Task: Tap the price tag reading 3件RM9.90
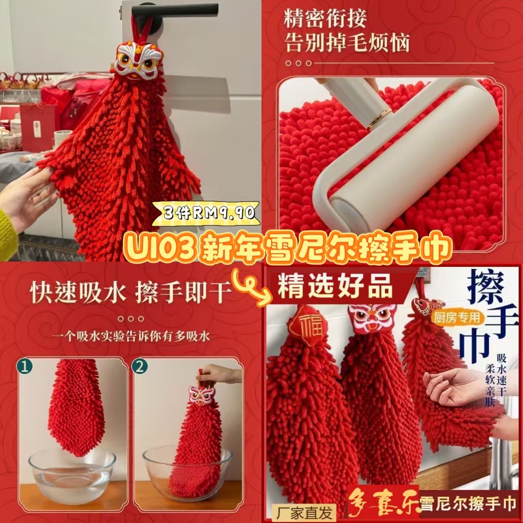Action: click(x=206, y=213)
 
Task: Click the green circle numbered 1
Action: click(x=25, y=367)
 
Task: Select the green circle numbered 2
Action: click(x=140, y=367)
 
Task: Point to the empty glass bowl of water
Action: click(x=72, y=471)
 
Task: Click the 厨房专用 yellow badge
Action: click(x=457, y=318)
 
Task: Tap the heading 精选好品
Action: click(x=336, y=286)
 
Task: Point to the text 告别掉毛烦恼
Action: click(x=347, y=43)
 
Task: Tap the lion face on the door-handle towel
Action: click(x=138, y=61)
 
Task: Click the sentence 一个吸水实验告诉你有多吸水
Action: click(x=130, y=336)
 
